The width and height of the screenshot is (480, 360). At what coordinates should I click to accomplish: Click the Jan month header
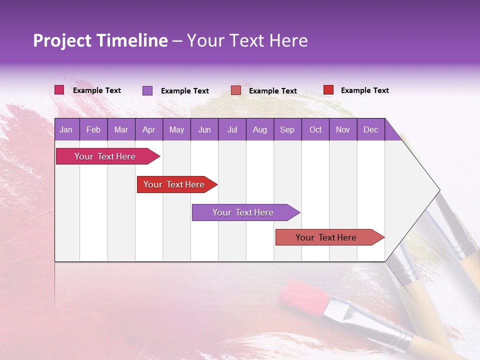66,129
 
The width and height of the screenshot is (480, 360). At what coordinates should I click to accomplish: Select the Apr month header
149,129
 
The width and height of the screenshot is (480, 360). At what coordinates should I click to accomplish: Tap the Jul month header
232,129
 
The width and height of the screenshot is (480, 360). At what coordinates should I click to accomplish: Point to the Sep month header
287,129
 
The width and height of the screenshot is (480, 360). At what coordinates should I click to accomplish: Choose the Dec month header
370,129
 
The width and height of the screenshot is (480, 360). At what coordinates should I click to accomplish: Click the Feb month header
93,129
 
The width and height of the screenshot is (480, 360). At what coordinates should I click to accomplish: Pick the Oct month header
315,129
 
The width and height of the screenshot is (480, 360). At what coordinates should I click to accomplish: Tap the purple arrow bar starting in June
243,212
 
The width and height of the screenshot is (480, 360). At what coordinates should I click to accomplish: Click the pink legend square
59,90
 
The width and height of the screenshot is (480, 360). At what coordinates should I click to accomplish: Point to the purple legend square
147,90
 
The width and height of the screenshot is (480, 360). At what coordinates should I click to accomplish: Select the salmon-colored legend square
236,90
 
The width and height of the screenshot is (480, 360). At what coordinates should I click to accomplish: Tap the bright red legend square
328,90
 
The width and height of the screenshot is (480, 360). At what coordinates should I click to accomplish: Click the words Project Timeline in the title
100,40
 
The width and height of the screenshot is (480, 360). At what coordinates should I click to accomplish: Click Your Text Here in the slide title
247,40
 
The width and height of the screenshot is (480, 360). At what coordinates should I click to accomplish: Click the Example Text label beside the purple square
184,91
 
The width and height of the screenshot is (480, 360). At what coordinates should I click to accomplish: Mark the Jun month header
204,129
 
